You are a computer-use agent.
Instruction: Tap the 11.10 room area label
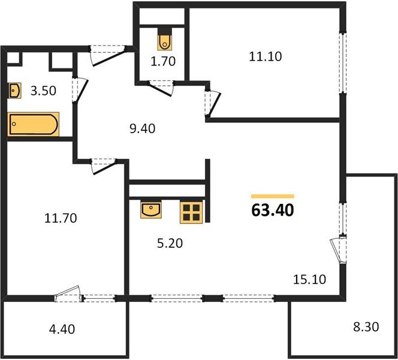(x=265, y=57)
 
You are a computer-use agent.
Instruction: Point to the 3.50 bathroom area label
(x=43, y=91)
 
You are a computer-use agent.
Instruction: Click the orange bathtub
(x=34, y=125)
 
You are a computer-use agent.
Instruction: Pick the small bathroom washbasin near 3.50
(x=16, y=91)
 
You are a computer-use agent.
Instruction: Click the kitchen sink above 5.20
(x=152, y=210)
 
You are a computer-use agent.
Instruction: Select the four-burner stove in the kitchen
(x=192, y=211)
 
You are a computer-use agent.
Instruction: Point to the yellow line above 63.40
(x=273, y=196)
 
